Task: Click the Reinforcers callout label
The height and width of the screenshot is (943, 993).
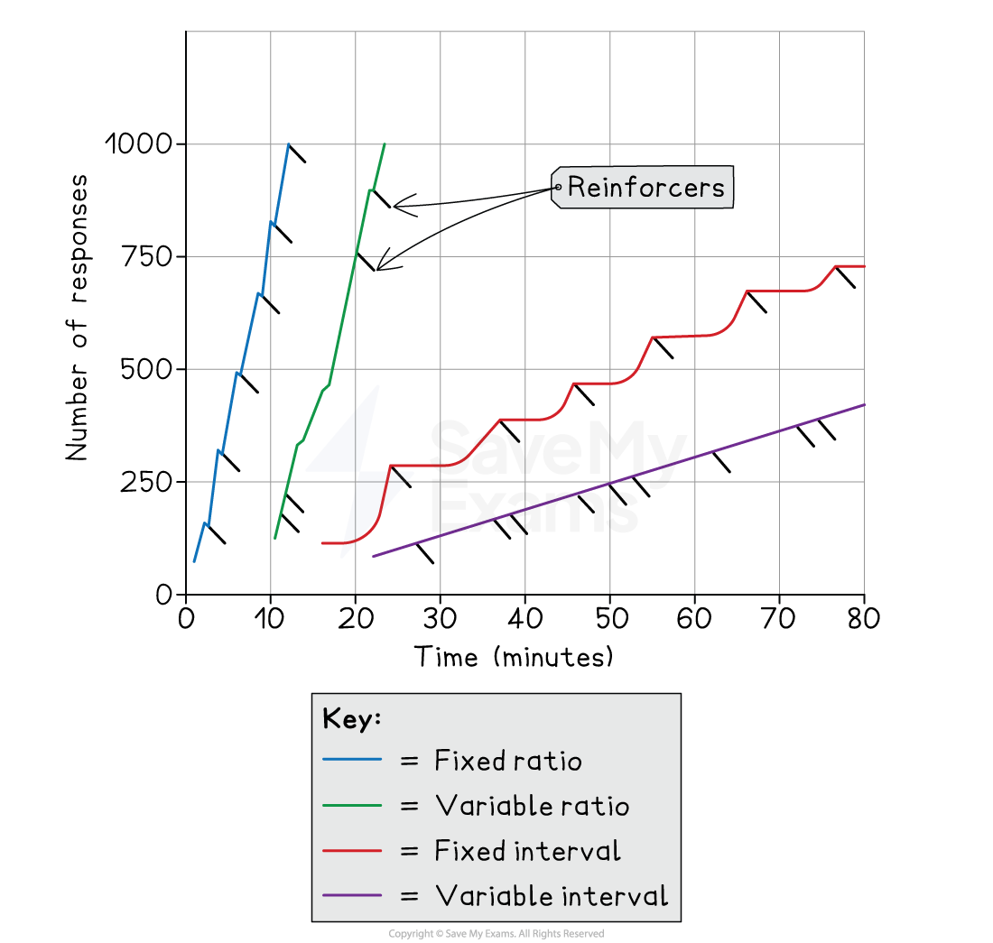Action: point(645,188)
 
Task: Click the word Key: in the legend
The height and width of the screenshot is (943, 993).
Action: point(352,719)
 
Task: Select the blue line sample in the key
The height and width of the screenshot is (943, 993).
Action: point(352,761)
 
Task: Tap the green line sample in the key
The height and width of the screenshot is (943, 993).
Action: point(352,806)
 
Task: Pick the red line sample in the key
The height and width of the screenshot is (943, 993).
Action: point(352,851)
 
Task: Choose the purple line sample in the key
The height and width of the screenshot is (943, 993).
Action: point(352,896)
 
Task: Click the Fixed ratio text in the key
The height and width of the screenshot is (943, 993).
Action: point(507,761)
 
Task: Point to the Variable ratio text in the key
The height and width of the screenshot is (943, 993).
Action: point(532,806)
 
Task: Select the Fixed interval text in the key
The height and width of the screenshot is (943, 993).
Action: point(527,851)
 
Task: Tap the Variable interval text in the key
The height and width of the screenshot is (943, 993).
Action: point(551,896)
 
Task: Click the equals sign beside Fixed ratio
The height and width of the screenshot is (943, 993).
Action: point(409,762)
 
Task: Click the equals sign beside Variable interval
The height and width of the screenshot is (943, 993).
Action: point(409,897)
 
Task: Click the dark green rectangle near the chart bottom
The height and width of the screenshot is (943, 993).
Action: point(482,565)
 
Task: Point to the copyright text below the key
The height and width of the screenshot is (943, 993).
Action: point(496,933)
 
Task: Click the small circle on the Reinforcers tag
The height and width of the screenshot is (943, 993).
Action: point(559,188)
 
